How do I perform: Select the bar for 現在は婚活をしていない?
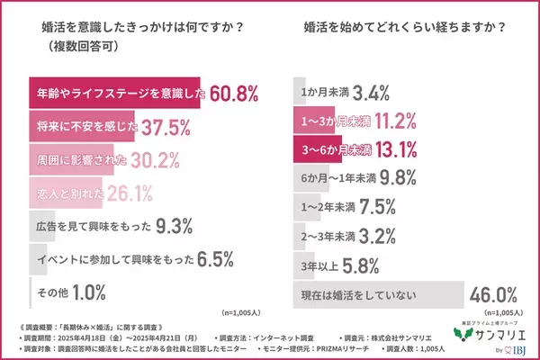tap(379, 295)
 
